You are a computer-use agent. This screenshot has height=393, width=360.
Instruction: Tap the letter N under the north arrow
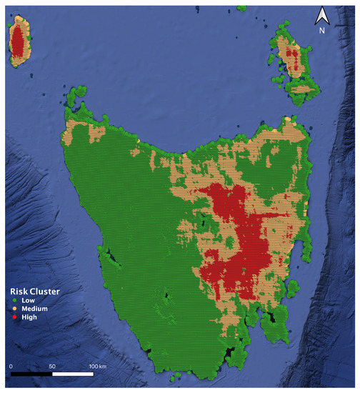322,31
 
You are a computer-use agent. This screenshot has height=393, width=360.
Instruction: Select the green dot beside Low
14,300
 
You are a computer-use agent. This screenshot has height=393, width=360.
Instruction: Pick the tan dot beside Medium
14,308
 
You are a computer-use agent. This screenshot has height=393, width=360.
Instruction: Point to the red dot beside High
14,316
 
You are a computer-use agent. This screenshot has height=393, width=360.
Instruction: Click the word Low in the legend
29,300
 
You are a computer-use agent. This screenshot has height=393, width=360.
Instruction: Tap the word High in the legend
29,316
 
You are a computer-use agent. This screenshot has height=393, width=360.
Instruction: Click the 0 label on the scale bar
11,365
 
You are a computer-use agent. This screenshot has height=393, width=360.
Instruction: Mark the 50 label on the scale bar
51,365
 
